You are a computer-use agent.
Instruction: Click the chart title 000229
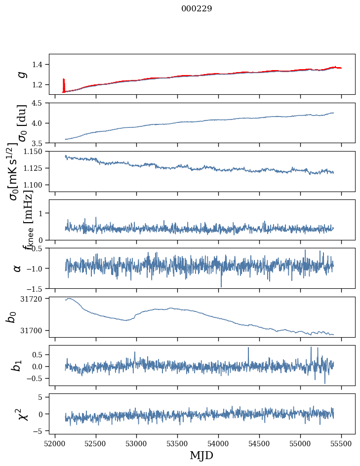(197, 9)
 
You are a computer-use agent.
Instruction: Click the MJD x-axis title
(201, 455)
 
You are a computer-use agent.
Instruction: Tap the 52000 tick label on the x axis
(55, 443)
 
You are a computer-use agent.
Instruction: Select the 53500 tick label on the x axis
(178, 443)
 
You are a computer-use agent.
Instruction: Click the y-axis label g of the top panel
(21, 74)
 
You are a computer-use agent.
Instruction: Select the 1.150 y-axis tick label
(36, 152)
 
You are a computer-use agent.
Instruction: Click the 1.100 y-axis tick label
(36, 185)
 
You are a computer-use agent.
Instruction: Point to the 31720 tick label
(34, 299)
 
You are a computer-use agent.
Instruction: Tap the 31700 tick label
(34, 330)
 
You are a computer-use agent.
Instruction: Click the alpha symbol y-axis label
(18, 268)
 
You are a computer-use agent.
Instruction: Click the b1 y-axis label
(17, 366)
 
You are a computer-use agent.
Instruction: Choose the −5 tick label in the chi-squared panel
(40, 431)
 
